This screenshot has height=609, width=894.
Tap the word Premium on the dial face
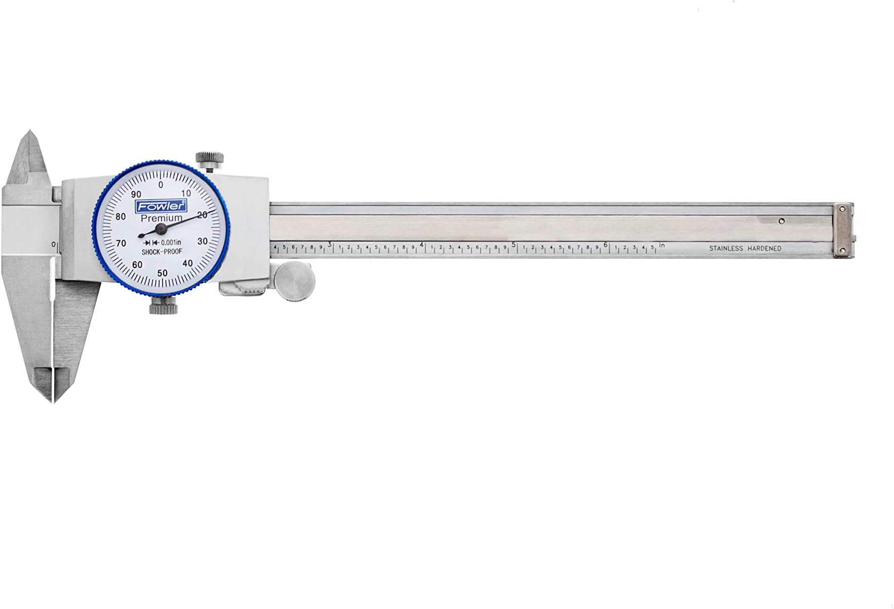pyautogui.click(x=161, y=218)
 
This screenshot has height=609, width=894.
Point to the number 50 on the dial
pyautogui.click(x=162, y=273)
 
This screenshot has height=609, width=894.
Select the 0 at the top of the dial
pyautogui.click(x=161, y=185)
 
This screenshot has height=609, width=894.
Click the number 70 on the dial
pyautogui.click(x=121, y=244)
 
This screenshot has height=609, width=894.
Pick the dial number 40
pyautogui.click(x=188, y=263)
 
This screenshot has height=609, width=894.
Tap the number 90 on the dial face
pyautogui.click(x=136, y=195)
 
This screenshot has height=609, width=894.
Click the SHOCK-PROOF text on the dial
pyautogui.click(x=161, y=252)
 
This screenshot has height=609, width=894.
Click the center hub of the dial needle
pyautogui.click(x=161, y=229)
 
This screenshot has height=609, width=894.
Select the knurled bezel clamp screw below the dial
pyautogui.click(x=163, y=306)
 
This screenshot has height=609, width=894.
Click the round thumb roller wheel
pyautogui.click(x=294, y=281)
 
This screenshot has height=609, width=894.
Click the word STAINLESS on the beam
pyautogui.click(x=726, y=249)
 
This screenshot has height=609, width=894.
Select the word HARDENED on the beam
pyautogui.click(x=764, y=249)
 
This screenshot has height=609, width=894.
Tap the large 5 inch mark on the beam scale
pyautogui.click(x=514, y=244)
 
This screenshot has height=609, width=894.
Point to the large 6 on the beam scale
pyautogui.click(x=606, y=244)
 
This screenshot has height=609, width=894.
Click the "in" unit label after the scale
pyautogui.click(x=662, y=245)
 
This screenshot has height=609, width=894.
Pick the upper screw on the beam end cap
pyautogui.click(x=842, y=209)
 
